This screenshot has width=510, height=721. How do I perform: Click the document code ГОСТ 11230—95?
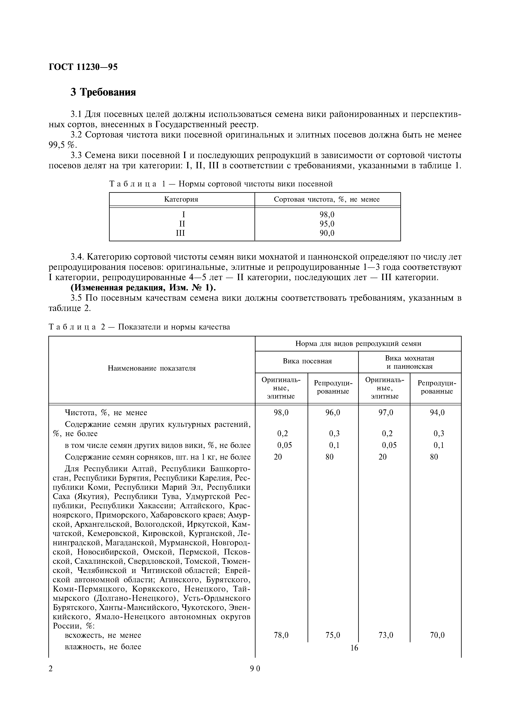pos(83,67)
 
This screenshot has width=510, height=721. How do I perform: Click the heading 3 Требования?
pos(103,92)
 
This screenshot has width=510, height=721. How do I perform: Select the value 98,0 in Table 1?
pos(327,215)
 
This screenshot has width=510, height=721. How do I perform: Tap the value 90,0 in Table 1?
pos(327,233)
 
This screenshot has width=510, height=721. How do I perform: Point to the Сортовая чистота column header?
pos(327,199)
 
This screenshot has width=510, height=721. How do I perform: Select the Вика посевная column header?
pos(307,361)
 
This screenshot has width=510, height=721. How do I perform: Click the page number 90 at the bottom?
pos(255,669)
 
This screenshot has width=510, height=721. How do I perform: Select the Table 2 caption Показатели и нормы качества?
pos(174,327)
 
